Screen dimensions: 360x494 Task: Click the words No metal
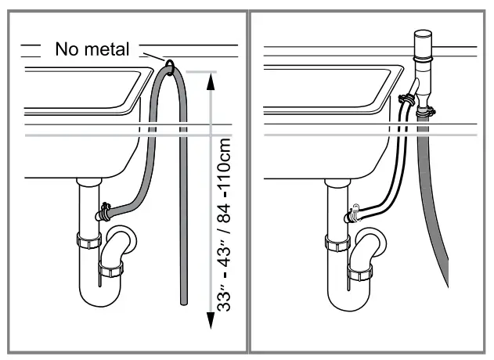click(x=92, y=50)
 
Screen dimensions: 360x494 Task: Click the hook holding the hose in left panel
click(x=168, y=62)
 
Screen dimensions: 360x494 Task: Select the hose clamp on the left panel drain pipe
click(x=103, y=211)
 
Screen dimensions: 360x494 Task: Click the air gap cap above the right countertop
click(x=424, y=37)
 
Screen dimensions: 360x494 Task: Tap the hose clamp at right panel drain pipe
click(x=352, y=211)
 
